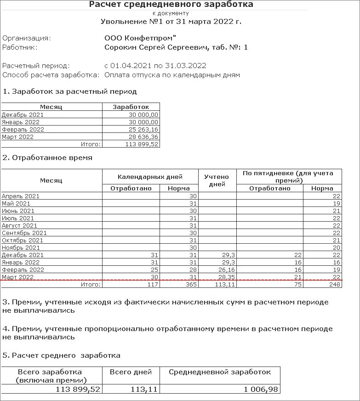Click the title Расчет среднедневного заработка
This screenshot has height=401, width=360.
click(171, 5)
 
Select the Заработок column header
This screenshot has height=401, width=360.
click(131, 107)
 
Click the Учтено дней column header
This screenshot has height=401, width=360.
click(217, 180)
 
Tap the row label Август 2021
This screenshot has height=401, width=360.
click(19, 225)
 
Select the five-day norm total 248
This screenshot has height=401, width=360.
click(335, 285)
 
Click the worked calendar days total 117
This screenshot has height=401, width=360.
click(152, 285)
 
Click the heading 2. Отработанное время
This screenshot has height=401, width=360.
click(47, 158)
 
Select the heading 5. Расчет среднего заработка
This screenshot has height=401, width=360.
click(62, 355)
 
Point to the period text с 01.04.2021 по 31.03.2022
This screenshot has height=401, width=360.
click(155, 66)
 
